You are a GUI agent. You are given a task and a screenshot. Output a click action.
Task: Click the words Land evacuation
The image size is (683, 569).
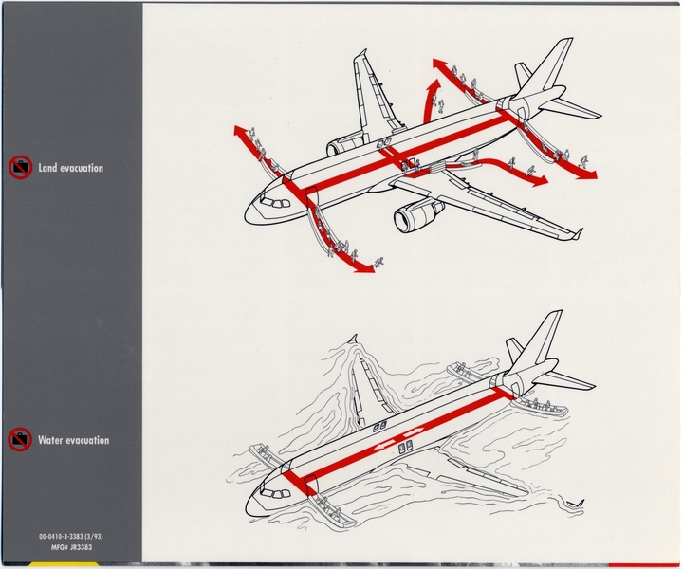tap(70, 169)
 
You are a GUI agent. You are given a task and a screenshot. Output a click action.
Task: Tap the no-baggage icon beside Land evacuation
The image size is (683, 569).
tap(19, 168)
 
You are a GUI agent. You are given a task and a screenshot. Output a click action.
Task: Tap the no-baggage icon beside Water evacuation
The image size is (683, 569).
tap(19, 440)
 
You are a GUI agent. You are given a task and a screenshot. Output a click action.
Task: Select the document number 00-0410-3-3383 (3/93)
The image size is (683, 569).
tap(71, 537)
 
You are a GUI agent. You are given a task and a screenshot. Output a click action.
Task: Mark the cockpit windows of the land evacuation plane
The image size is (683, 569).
tap(275, 203)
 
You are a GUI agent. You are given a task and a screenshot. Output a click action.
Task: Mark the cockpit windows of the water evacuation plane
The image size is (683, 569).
tap(275, 493)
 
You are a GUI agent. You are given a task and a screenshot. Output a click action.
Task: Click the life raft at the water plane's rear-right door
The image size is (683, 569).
tap(541, 406)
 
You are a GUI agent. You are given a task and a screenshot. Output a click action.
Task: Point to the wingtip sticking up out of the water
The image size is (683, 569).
tap(353, 340)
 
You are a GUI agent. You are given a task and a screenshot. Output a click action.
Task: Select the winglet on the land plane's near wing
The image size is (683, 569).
tap(575, 233)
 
